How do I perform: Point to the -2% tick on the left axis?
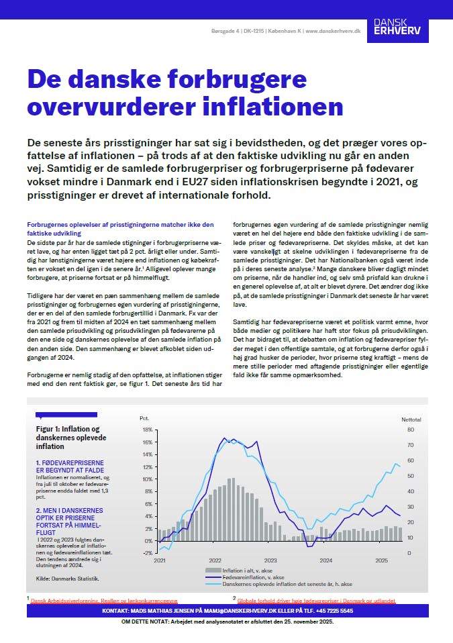pyautogui.click(x=146, y=553)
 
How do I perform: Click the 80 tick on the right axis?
pyautogui.click(x=411, y=430)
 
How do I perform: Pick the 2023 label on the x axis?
pyautogui.click(x=270, y=560)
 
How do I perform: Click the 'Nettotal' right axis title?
pyautogui.click(x=411, y=419)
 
